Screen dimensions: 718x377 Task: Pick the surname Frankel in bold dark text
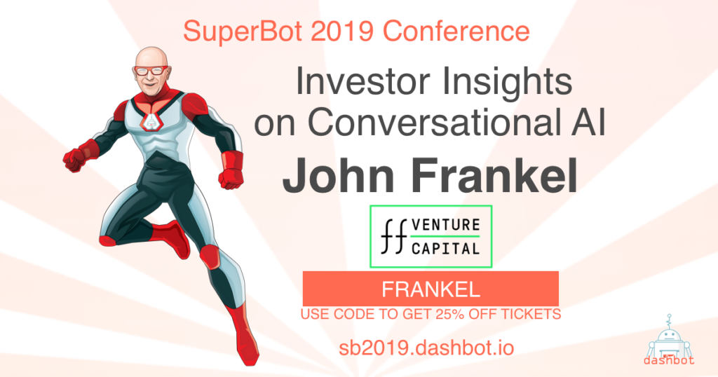pyautogui.click(x=494, y=176)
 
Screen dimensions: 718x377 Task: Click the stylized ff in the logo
pyautogui.click(x=394, y=237)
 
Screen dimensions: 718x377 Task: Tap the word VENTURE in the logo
pyautogui.click(x=445, y=225)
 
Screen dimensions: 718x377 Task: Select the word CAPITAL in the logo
pyautogui.click(x=445, y=249)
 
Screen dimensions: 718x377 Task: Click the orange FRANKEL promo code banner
pyautogui.click(x=431, y=289)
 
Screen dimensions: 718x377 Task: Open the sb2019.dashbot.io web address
pyautogui.click(x=426, y=348)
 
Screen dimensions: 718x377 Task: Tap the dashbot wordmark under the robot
pyautogui.click(x=669, y=360)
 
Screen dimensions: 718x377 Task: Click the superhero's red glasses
pyautogui.click(x=151, y=71)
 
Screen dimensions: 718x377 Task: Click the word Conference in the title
pyautogui.click(x=456, y=31)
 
